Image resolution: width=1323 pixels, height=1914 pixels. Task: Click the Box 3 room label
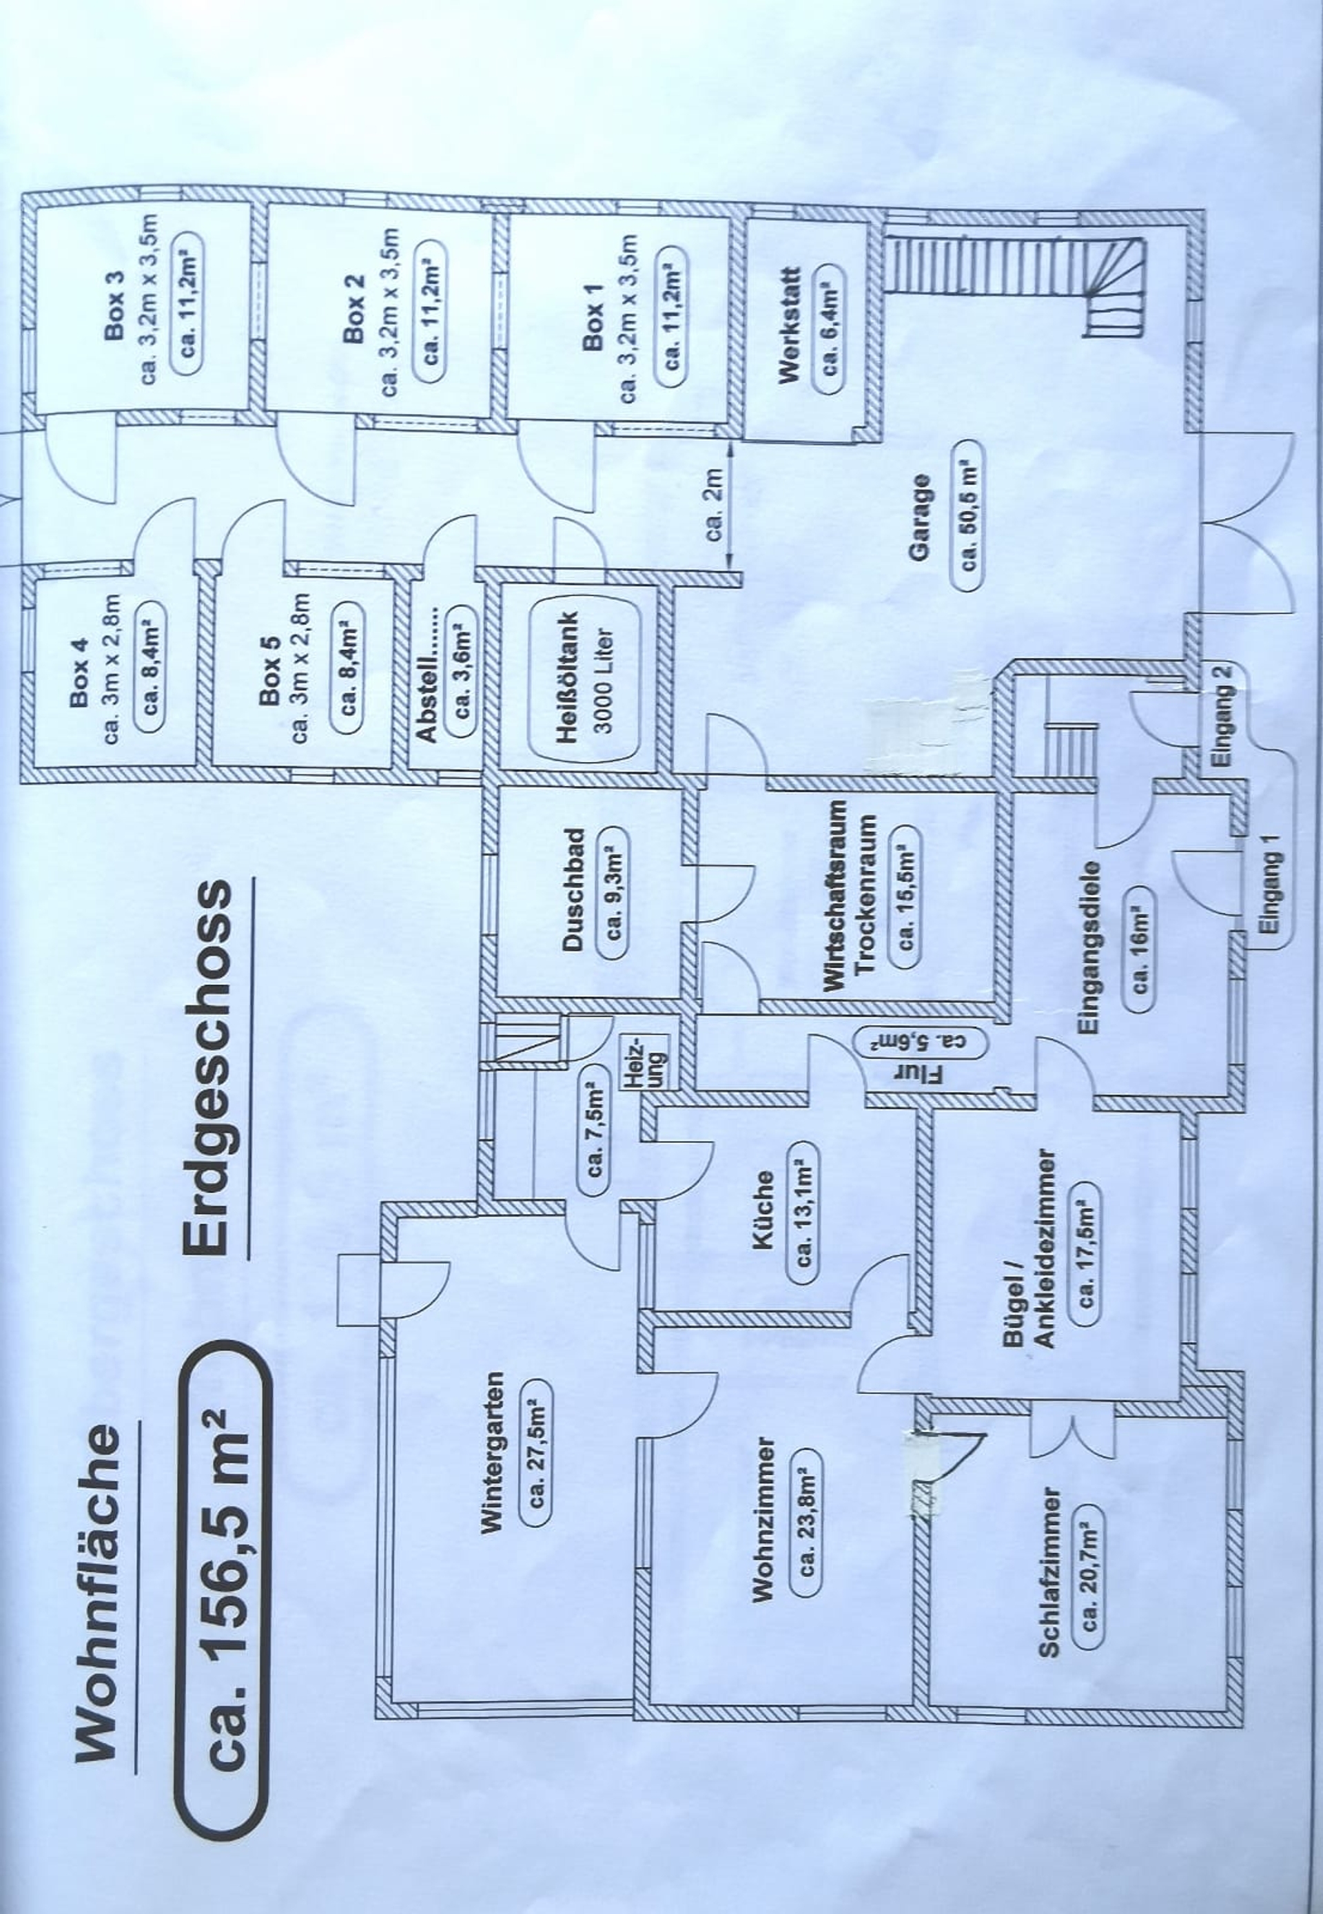point(114,306)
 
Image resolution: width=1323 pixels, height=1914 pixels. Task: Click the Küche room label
point(763,1208)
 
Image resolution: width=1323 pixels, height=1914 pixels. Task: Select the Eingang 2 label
point(1222,714)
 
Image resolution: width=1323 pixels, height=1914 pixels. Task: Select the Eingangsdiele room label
point(1089,947)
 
